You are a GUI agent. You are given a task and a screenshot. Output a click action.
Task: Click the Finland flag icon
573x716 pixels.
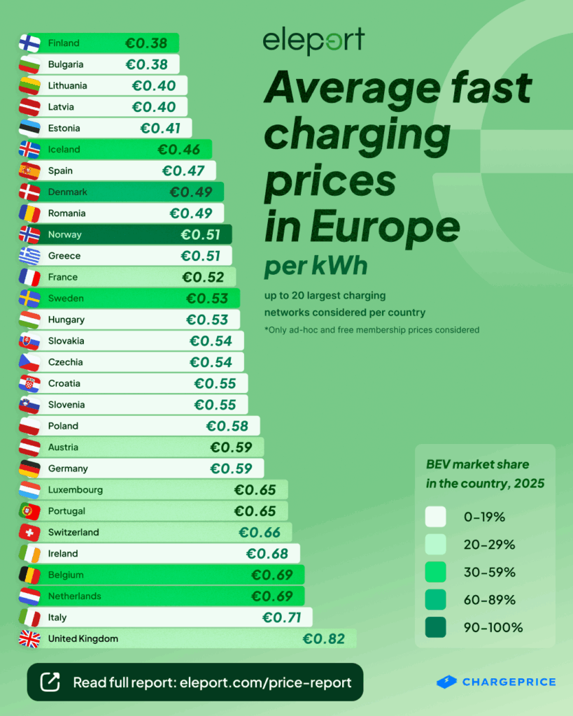29,43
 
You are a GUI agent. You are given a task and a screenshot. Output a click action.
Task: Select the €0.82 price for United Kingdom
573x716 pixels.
323,638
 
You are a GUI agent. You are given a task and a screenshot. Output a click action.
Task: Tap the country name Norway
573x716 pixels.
65,234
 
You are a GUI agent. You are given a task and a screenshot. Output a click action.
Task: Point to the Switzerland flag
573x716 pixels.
29,532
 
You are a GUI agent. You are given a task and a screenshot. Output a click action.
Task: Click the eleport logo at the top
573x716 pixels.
313,41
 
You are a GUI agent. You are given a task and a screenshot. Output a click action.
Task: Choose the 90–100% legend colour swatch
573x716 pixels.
435,627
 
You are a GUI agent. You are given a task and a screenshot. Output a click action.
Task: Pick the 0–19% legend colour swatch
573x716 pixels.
435,517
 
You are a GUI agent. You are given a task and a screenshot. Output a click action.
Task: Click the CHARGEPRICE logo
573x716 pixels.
496,682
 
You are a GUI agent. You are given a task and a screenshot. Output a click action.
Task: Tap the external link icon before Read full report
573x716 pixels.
51,682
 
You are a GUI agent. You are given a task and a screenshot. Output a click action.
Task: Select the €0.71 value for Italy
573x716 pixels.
281,617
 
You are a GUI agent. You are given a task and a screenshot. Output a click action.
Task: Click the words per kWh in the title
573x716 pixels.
315,267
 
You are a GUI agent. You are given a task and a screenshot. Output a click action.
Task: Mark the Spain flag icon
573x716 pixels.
29,171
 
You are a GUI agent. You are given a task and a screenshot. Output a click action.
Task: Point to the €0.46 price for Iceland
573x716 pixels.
178,149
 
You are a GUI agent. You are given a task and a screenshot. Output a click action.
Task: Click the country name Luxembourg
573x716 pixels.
76,489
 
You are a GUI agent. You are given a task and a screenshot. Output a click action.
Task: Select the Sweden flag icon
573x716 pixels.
29,298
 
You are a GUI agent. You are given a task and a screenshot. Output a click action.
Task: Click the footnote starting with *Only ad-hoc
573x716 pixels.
372,329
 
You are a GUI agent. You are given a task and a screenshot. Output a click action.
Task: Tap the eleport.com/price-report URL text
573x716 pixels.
270,682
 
